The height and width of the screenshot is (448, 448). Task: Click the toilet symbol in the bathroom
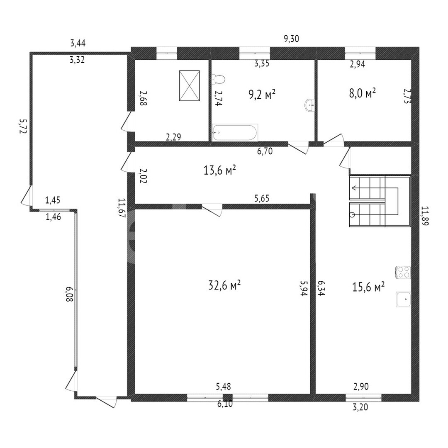pos(219,79)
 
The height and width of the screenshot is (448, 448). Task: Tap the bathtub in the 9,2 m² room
pos(235,133)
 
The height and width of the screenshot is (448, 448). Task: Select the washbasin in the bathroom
pos(309,105)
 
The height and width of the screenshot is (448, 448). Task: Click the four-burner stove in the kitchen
pos(403,272)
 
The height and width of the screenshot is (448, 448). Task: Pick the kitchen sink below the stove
pos(403,299)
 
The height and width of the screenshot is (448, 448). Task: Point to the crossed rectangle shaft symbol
pos(189,86)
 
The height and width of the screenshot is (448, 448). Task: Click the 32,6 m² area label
pos(224,285)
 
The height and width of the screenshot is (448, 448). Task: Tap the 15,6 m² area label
pos(368,287)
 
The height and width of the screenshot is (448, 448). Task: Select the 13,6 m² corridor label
pos(219,170)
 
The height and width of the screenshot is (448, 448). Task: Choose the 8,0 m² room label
pos(362,93)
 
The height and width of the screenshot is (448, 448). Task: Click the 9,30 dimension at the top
pos(292,39)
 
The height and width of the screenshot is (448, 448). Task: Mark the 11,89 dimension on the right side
pos(425,216)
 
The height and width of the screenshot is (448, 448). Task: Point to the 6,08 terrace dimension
pos(70,294)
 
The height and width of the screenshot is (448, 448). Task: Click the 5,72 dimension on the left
pos(23,126)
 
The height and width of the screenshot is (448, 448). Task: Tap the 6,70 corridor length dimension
pos(265,151)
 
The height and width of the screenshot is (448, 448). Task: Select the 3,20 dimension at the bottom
pos(360,407)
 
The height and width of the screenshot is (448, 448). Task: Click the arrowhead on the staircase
pos(354,188)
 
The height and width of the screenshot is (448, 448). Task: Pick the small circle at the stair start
pos(353,215)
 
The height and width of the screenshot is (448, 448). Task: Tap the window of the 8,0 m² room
pos(360,54)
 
